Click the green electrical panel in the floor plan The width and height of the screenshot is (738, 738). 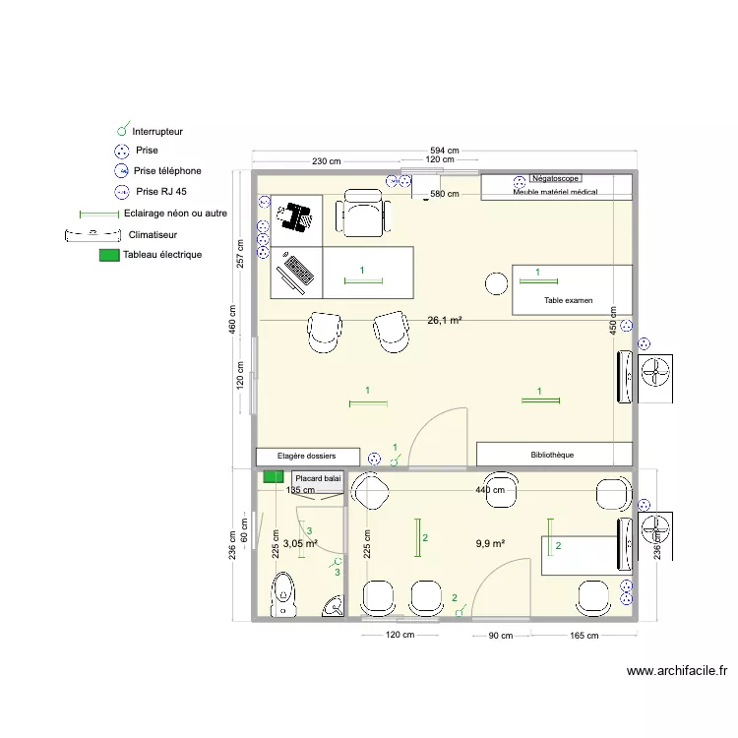[273, 477]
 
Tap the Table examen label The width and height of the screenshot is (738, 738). [568, 300]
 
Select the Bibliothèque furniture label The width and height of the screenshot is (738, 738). [552, 455]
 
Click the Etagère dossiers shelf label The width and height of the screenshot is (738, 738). [306, 456]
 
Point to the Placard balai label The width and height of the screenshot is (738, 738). [318, 478]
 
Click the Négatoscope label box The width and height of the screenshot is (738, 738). [555, 178]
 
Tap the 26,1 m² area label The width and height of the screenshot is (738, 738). [445, 320]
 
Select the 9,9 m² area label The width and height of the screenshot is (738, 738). [490, 543]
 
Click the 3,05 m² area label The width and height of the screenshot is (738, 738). [300, 543]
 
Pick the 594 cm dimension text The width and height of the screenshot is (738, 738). [445, 151]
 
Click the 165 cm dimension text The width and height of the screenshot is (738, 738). [584, 636]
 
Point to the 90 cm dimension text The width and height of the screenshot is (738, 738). [500, 636]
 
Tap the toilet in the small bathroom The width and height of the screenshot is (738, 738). [283, 594]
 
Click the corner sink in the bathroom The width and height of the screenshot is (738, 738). [334, 606]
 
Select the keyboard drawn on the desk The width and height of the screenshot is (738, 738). [299, 270]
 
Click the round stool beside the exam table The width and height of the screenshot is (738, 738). [496, 283]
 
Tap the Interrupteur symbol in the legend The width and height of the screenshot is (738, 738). [123, 129]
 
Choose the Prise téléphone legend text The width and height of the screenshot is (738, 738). [167, 171]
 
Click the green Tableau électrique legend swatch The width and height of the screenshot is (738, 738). [109, 255]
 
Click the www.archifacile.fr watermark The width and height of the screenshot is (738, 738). [677, 670]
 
